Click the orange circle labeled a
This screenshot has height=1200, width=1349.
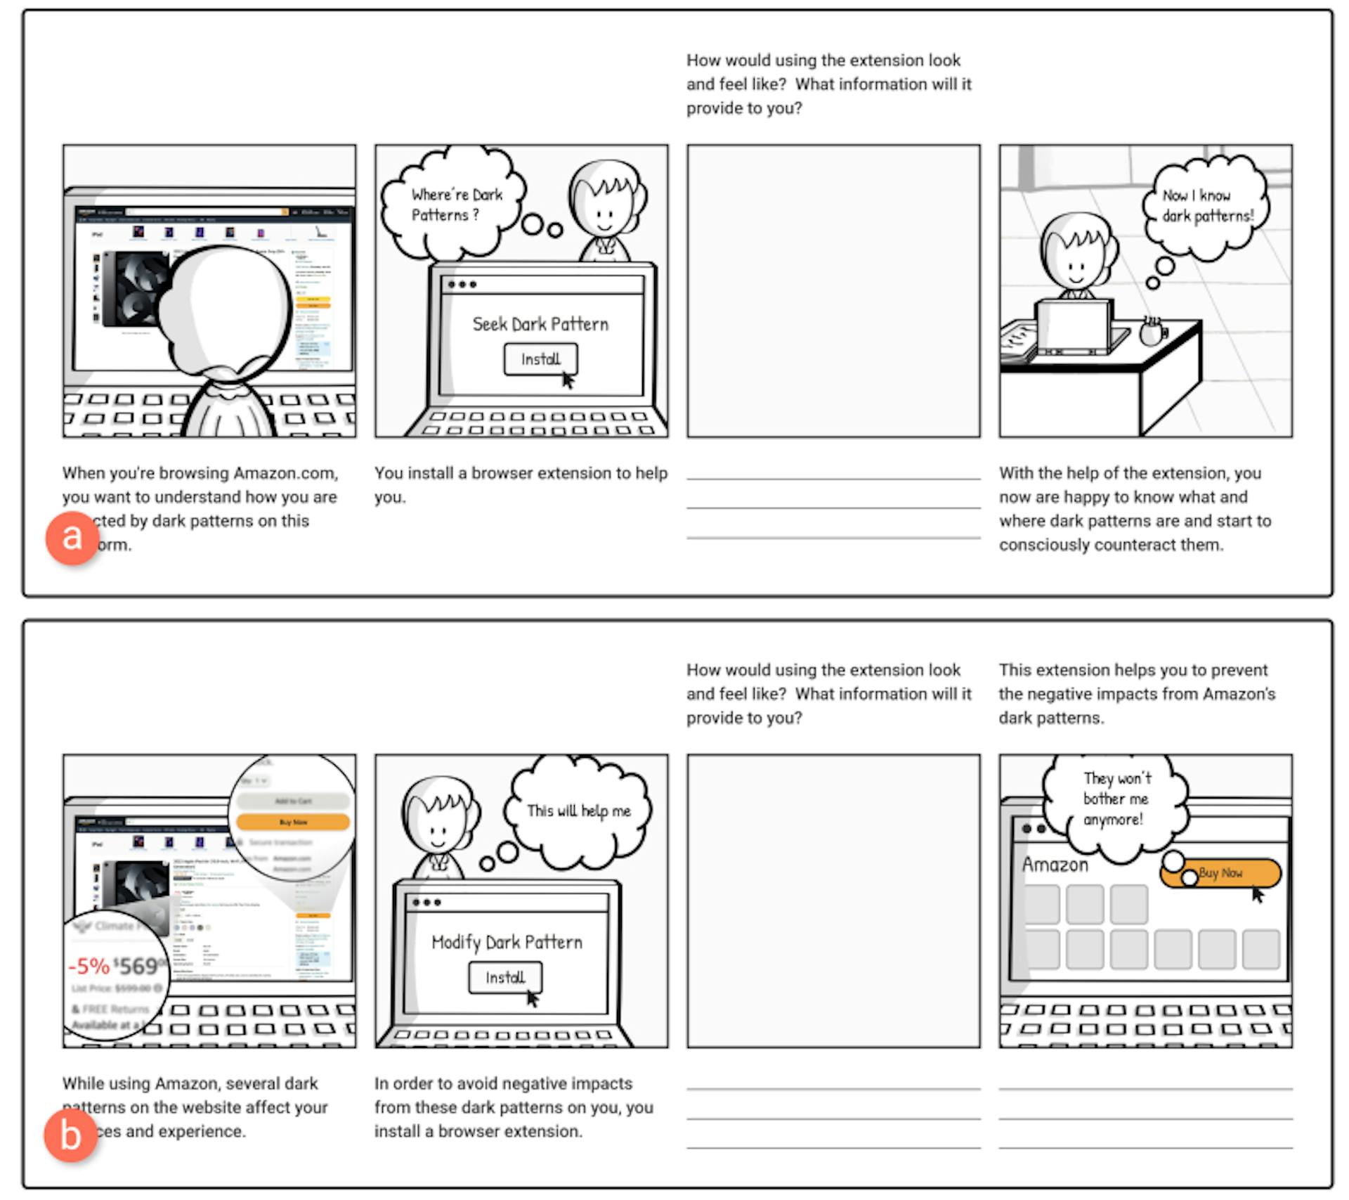pos(72,538)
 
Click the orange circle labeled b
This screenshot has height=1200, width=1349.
pos(70,1135)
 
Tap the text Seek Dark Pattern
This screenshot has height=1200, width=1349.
pos(540,324)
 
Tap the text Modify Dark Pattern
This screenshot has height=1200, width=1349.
pos(507,942)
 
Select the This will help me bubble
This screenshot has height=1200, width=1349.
pos(578,811)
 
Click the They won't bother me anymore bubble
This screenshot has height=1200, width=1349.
pos(1115,800)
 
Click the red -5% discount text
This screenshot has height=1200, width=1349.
pos(89,966)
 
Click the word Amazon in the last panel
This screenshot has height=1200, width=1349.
pos(1055,865)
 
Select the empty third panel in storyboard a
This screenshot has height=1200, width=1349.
pos(833,291)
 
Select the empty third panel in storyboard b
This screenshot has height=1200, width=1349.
pos(833,901)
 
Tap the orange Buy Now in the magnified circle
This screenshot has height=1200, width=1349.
pos(293,822)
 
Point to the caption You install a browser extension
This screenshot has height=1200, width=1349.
pos(520,484)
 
